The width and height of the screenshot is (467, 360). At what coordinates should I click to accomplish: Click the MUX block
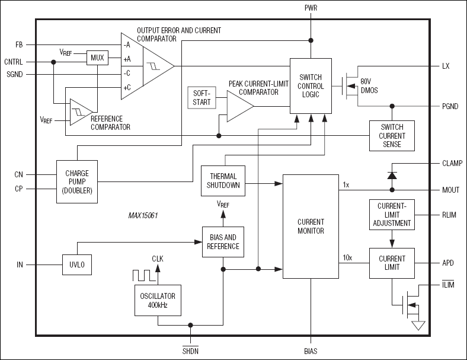(x=97, y=58)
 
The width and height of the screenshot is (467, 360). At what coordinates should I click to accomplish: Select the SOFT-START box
(x=200, y=98)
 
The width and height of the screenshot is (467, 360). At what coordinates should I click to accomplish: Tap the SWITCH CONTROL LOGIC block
(x=310, y=85)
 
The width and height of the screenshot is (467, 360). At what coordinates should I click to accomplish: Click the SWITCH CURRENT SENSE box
(x=392, y=136)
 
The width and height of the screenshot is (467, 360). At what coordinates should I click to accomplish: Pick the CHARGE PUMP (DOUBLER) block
(x=77, y=181)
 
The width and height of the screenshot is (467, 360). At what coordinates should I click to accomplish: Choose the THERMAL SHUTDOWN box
(x=223, y=180)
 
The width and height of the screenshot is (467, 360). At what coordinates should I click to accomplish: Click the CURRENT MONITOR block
(x=310, y=226)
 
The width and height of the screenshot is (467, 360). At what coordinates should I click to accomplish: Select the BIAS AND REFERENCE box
(x=222, y=242)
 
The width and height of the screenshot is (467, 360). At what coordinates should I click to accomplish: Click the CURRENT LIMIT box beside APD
(x=392, y=263)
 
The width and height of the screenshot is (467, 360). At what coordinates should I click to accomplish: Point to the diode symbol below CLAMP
(x=392, y=176)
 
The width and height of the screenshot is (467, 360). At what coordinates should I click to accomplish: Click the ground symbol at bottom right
(x=418, y=326)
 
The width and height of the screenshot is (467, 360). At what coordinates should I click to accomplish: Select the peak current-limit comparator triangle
(x=239, y=106)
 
